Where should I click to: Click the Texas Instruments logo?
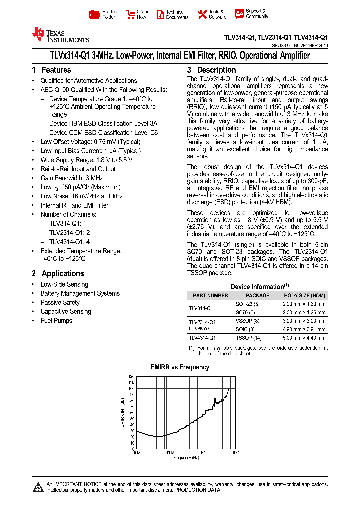click(60, 35)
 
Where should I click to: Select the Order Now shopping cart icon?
click(131, 14)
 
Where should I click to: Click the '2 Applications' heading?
click(58, 274)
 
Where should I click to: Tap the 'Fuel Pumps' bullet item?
click(56, 321)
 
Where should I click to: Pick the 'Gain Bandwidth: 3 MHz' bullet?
click(72, 178)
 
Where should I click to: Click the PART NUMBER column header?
click(210, 295)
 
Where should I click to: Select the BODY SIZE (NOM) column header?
click(304, 295)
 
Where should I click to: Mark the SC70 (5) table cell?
click(244, 312)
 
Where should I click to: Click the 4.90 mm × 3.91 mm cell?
click(304, 330)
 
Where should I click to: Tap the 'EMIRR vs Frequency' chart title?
click(180, 367)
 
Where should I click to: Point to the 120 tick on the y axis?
click(132, 376)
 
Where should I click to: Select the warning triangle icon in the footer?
click(38, 487)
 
